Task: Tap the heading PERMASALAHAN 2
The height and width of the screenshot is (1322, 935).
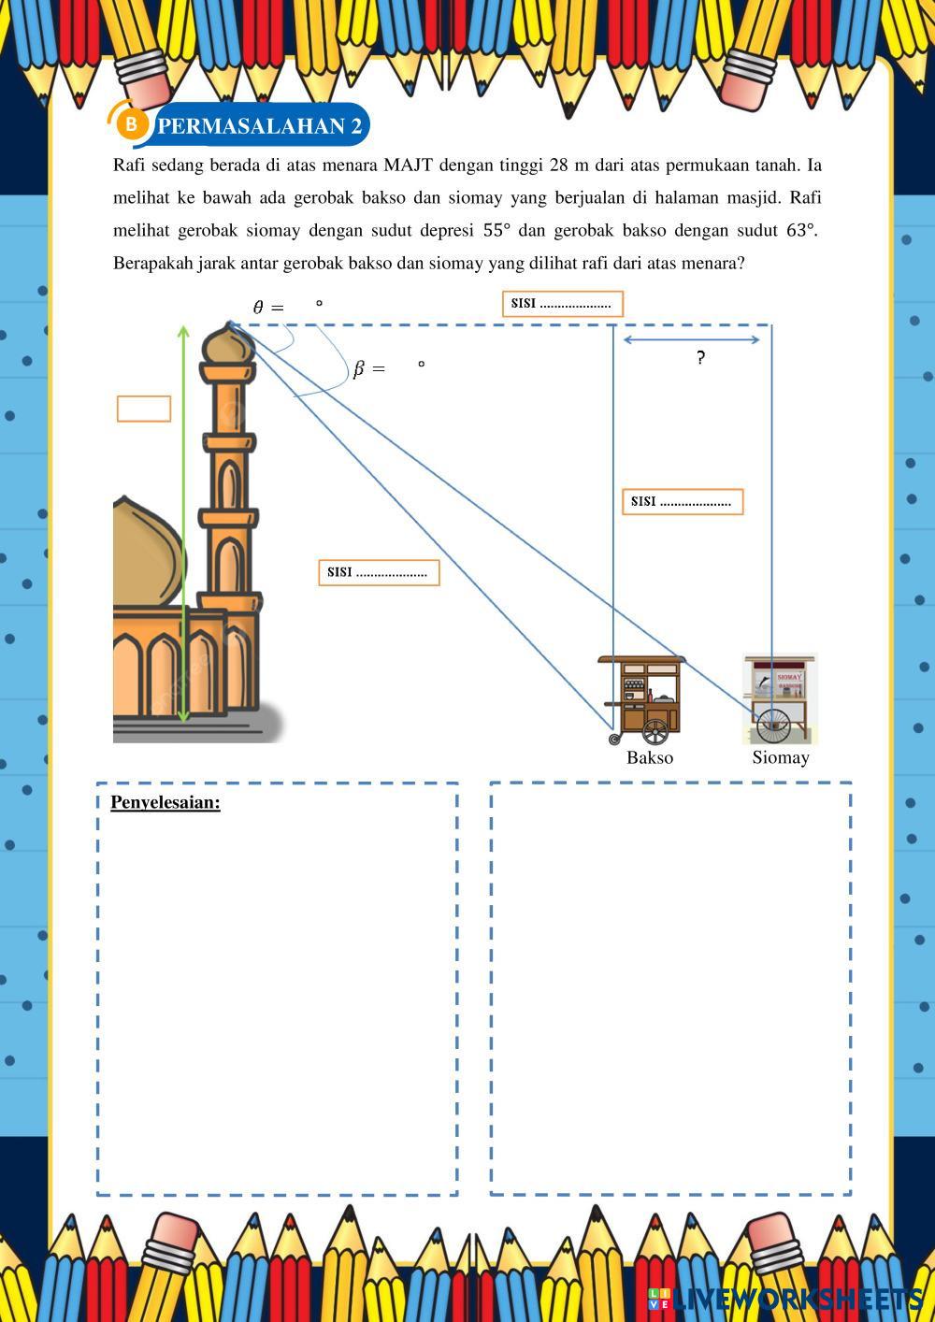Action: click(x=260, y=126)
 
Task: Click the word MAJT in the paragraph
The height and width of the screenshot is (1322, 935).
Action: click(x=408, y=165)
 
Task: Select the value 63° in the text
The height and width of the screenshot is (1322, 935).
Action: click(x=801, y=230)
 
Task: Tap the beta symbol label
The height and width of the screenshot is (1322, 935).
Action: click(x=359, y=369)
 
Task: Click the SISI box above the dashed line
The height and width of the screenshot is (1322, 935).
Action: click(x=562, y=304)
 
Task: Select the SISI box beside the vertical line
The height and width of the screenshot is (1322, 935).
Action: click(x=682, y=502)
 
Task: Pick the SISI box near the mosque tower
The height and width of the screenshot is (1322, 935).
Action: click(x=379, y=572)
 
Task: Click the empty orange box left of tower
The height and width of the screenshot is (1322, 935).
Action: click(x=144, y=409)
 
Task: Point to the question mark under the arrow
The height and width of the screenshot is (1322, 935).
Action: click(x=700, y=357)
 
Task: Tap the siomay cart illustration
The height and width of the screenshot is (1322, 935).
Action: click(x=780, y=697)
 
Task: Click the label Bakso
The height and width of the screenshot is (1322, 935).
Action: click(x=650, y=757)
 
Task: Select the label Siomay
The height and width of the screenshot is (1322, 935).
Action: click(x=781, y=757)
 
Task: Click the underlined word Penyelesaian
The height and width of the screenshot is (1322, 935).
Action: click(x=165, y=802)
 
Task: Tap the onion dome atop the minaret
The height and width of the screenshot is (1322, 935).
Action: click(x=229, y=344)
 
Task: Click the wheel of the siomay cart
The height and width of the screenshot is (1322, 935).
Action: click(x=773, y=723)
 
